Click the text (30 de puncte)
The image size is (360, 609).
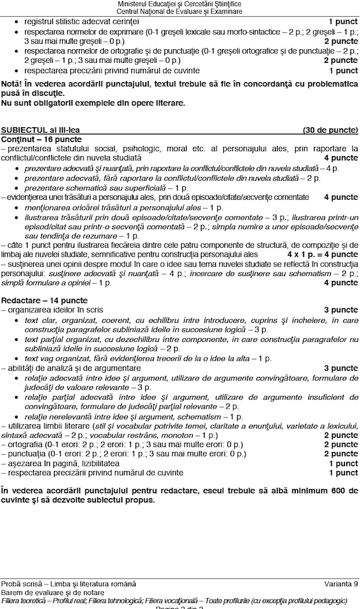tap(330, 130)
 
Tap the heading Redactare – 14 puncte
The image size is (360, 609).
tap(44, 300)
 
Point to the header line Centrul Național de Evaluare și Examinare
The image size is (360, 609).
tap(179, 12)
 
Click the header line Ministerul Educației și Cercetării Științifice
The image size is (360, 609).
tap(179, 5)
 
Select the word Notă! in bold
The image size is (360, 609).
tap(13, 83)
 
